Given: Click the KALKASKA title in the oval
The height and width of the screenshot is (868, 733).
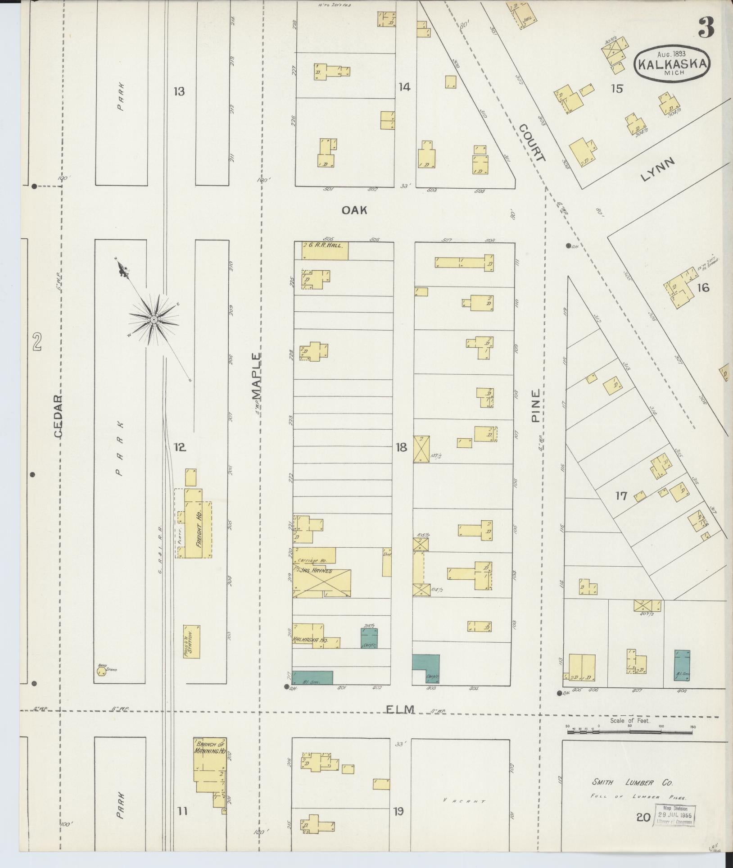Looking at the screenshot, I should pyautogui.click(x=672, y=64).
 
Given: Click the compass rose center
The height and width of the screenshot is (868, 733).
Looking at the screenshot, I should pyautogui.click(x=154, y=319).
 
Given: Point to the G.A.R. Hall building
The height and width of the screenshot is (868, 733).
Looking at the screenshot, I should pyautogui.click(x=324, y=251).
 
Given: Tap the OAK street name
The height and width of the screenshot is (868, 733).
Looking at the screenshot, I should pyautogui.click(x=355, y=209).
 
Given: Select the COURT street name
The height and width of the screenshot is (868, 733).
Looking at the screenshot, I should pyautogui.click(x=532, y=143).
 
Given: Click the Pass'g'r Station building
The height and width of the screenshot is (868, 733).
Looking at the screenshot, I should pyautogui.click(x=191, y=642).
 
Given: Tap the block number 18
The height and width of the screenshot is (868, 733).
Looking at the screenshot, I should pyautogui.click(x=401, y=447).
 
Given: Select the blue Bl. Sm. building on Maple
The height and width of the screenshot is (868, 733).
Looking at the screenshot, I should pyautogui.click(x=313, y=690).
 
